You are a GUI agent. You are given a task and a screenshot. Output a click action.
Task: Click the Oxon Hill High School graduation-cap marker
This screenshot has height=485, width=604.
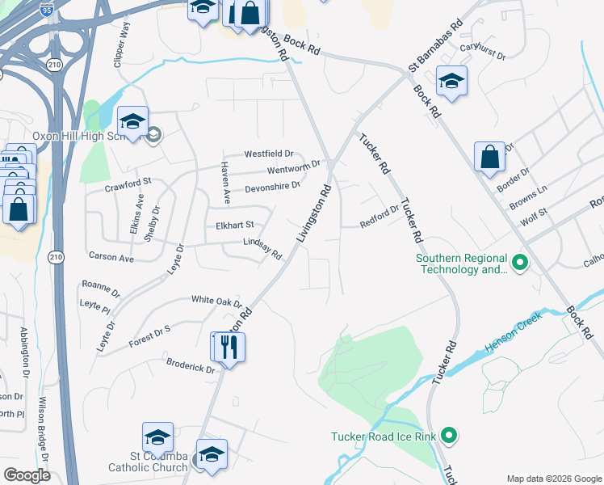click(x=132, y=121)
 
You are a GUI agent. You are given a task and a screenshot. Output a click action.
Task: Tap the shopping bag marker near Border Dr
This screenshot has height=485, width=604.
click(x=490, y=157)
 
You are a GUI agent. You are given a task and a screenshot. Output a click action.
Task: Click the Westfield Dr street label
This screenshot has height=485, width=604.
click(x=269, y=154)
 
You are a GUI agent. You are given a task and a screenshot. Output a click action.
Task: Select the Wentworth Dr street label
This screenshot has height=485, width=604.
click(x=294, y=168)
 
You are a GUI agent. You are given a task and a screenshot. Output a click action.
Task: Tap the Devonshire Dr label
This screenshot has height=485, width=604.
click(x=272, y=186)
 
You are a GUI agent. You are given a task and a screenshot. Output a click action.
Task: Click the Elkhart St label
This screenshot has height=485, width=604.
click(x=234, y=225)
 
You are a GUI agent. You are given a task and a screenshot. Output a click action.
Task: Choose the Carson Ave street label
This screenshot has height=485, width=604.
click(x=111, y=257)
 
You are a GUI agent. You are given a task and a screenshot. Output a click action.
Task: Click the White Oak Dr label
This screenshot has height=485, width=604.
click(x=216, y=300)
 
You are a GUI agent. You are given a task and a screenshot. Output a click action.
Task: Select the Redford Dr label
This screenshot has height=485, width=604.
click(x=379, y=215)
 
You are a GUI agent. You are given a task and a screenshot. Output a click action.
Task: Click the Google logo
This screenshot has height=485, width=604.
click(x=27, y=474)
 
